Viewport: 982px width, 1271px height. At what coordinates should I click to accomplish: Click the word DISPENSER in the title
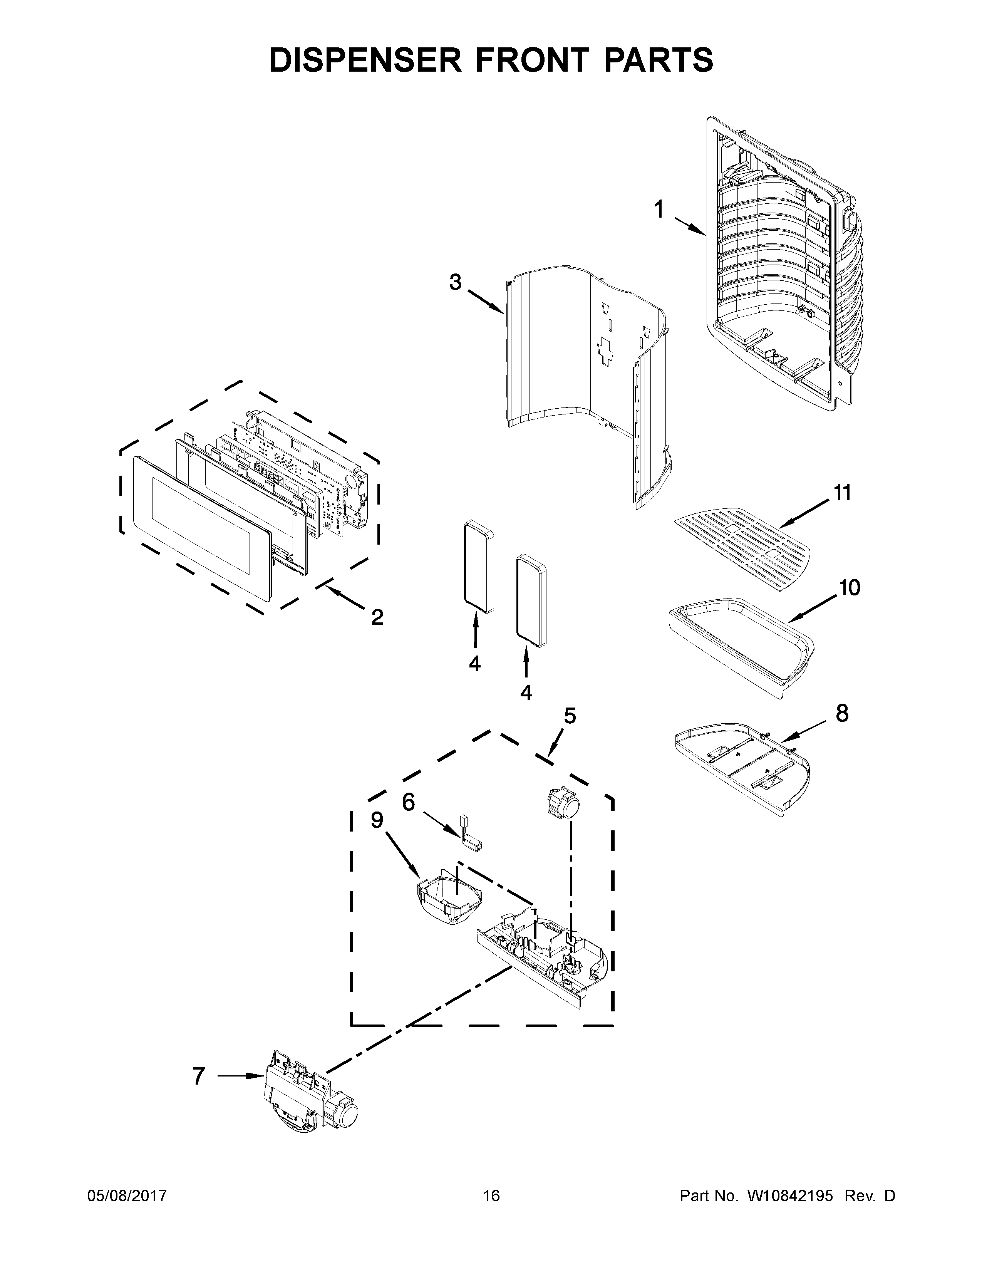365,60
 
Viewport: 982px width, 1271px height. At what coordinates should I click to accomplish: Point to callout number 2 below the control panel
377,617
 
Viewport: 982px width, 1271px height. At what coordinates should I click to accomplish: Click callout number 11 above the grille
842,493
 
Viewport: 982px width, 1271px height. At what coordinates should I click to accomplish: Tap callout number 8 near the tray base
842,713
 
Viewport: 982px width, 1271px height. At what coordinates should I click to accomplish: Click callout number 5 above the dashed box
570,715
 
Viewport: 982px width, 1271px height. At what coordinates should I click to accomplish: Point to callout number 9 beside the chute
377,820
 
